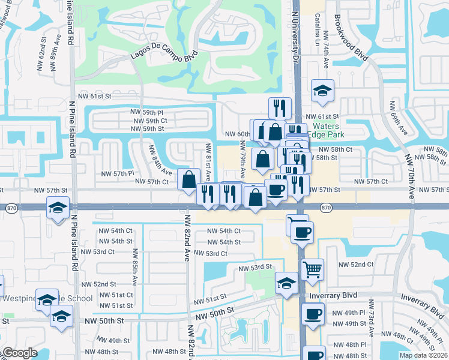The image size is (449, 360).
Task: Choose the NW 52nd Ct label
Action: pos(356,264)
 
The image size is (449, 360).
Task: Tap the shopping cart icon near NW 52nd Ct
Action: pos(312,270)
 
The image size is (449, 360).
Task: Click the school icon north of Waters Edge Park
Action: pos(322,91)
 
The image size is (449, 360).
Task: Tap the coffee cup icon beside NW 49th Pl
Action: pos(312,314)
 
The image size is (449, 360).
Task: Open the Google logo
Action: pos(19,353)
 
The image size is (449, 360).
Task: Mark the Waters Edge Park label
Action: pos(324,131)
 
